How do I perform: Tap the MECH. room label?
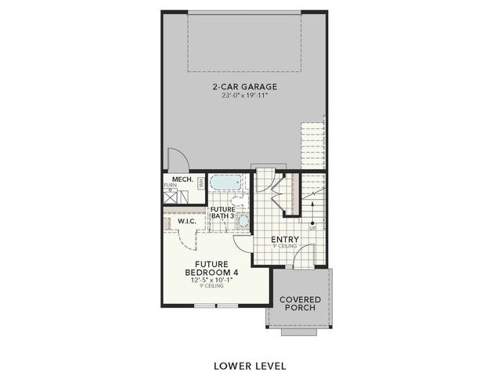pos(182,179)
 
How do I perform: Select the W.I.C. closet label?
pos(186,222)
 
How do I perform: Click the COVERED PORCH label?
pos(301,302)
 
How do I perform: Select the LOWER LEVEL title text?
pos(250,366)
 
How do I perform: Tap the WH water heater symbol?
pos(200,183)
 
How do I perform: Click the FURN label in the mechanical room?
pos(171,186)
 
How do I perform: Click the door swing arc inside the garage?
pos(179,159)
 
